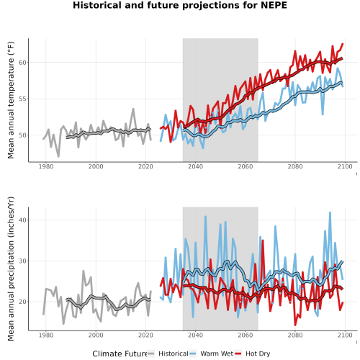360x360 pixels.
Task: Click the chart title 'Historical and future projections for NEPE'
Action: [x=180, y=5]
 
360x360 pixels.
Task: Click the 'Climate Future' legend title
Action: [x=120, y=354]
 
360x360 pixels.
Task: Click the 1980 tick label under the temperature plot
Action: [x=46, y=166]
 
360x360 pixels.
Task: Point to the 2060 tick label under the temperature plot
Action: [x=246, y=166]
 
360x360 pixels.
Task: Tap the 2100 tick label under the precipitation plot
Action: [x=345, y=335]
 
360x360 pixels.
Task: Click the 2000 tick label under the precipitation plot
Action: [x=96, y=335]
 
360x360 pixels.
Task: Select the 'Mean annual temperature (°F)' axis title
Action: [x=11, y=100]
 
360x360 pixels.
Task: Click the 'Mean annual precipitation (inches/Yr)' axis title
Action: [x=11, y=269]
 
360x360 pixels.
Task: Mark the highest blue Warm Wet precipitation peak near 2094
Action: [x=330, y=212]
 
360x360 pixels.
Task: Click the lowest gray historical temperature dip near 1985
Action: [x=58, y=156]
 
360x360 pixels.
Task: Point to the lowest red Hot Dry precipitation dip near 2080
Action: [x=295, y=325]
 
